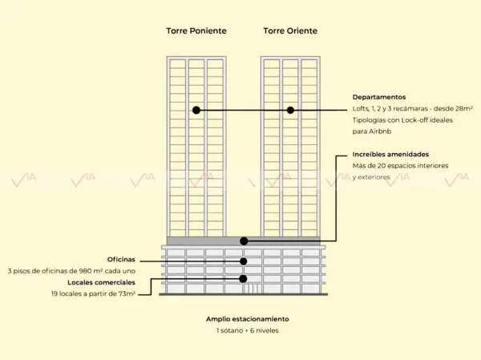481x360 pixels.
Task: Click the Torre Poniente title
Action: (x=196, y=30)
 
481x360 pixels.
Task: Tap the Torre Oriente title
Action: (x=290, y=30)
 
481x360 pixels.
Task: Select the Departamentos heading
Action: (x=379, y=97)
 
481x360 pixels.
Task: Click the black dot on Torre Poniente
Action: (x=196, y=110)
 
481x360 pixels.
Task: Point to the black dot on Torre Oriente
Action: (x=290, y=110)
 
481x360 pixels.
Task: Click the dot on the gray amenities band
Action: (x=244, y=241)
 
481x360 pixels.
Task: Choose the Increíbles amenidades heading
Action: (x=390, y=155)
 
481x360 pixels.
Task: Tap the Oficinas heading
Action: (x=121, y=259)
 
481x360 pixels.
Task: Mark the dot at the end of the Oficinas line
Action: (x=243, y=261)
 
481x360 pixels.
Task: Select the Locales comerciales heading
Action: (x=101, y=282)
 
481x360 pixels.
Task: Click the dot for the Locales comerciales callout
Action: (x=243, y=279)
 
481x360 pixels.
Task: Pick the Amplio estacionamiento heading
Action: (x=247, y=319)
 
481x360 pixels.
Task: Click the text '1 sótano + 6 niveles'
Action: (x=247, y=330)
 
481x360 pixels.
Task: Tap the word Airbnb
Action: (x=380, y=131)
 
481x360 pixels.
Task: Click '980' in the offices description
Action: (x=85, y=271)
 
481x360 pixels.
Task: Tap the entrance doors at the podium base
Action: (x=253, y=289)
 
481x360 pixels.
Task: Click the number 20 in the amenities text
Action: (x=382, y=166)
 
